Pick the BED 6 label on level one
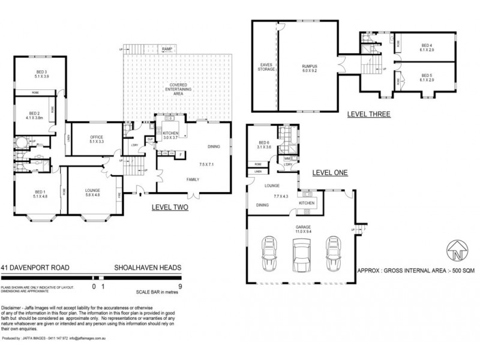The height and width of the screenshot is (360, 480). pyautogui.click(x=264, y=140)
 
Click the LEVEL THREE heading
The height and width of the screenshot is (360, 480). pyautogui.click(x=369, y=113)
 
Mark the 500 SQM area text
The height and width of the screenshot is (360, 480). pyautogui.click(x=455, y=271)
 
